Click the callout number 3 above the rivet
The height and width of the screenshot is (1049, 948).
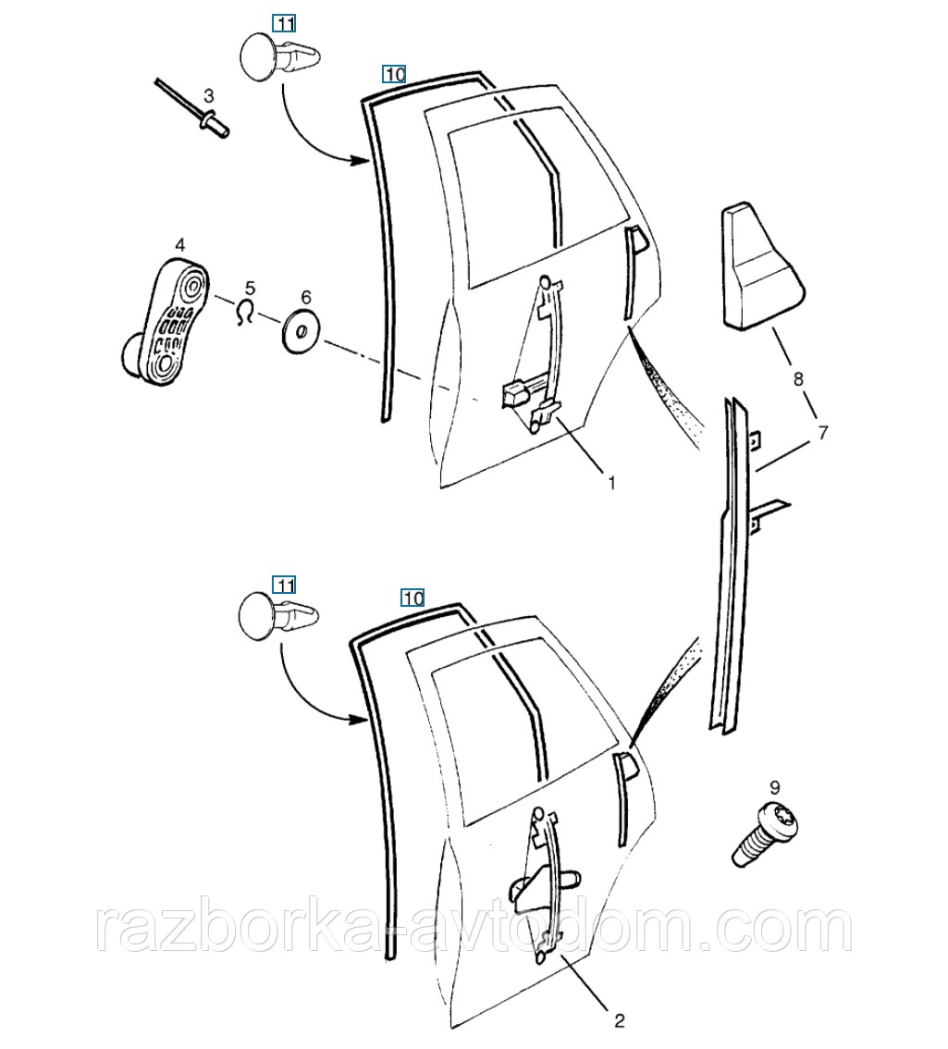pyautogui.click(x=209, y=95)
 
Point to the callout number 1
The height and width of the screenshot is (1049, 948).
pyautogui.click(x=610, y=482)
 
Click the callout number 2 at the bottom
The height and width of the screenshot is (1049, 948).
pyautogui.click(x=619, y=1021)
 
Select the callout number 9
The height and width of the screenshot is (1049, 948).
pyautogui.click(x=775, y=787)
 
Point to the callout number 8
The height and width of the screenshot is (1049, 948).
pyautogui.click(x=798, y=379)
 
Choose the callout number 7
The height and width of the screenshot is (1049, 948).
pyautogui.click(x=822, y=433)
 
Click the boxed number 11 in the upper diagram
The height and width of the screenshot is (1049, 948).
pyautogui.click(x=285, y=24)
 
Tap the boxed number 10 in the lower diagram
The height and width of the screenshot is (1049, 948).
pyautogui.click(x=412, y=598)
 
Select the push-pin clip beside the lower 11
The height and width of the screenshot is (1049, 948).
pyautogui.click(x=277, y=614)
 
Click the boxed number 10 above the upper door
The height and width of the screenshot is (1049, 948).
pyautogui.click(x=394, y=74)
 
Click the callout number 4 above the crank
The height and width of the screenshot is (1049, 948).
pyautogui.click(x=180, y=246)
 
